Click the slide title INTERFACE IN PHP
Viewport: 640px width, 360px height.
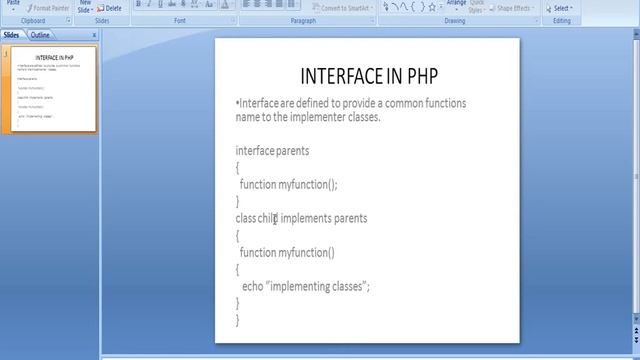[368, 76]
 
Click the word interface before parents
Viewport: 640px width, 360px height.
[253, 150]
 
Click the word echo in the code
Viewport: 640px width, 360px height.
[252, 286]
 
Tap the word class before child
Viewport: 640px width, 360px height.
[246, 218]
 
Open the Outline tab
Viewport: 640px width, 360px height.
[41, 35]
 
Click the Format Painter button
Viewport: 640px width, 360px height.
[51, 8]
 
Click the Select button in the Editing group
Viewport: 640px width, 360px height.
[561, 8]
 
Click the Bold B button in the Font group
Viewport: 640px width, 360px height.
[138, 5]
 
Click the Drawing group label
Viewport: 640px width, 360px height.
[455, 20]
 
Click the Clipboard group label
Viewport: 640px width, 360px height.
[31, 20]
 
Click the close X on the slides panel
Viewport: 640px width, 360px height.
[95, 35]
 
